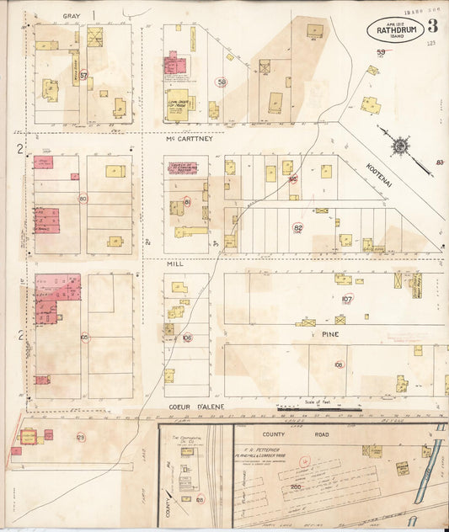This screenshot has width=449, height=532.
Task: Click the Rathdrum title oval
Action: pyautogui.click(x=395, y=32)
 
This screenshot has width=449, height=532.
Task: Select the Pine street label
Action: pyautogui.click(x=324, y=333)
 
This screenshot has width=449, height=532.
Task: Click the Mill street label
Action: pyautogui.click(x=174, y=263)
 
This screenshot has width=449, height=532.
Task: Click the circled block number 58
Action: pyautogui.click(x=222, y=82)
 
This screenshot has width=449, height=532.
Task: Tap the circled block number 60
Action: pyautogui.click(x=83, y=199)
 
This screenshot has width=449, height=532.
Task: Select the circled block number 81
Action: pyautogui.click(x=187, y=202)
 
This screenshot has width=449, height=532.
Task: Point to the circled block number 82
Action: pyautogui.click(x=297, y=227)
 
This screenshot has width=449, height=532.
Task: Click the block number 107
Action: pyautogui.click(x=347, y=298)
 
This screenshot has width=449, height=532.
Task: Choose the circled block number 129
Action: pyautogui.click(x=81, y=437)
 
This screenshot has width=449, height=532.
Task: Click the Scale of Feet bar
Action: pyautogui.click(x=318, y=408)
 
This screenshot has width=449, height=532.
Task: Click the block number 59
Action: pyautogui.click(x=381, y=54)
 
